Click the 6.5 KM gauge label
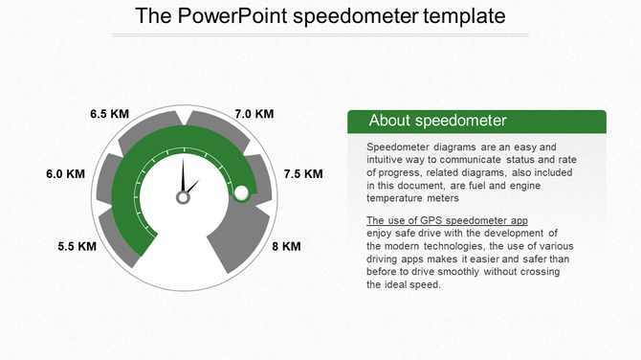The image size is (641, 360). pos(109,114)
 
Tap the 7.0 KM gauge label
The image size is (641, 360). pos(254,114)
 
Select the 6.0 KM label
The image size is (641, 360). pos(66,174)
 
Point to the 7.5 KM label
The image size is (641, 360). pos(303,174)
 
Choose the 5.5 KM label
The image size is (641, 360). pos(77,246)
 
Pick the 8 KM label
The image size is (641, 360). pos(286,246)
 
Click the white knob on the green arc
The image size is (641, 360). pos(242,192)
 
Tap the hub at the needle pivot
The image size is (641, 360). pos(182,197)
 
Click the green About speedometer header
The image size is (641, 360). pos(475,121)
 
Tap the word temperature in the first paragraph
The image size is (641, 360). pos(398,198)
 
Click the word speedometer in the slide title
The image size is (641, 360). pos(367,17)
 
